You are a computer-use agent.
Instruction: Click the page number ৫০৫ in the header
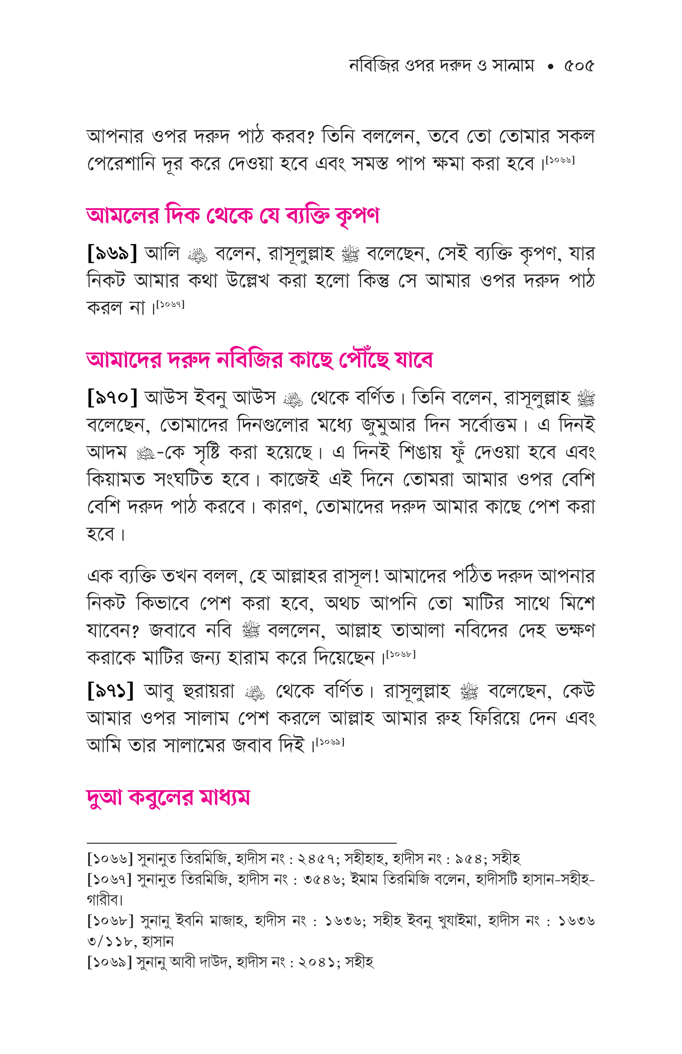(579, 66)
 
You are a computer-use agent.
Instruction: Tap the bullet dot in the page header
(551, 67)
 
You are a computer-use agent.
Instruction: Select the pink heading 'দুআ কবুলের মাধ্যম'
(168, 798)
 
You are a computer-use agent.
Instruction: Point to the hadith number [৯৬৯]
(112, 254)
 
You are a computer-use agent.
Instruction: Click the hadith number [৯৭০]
(112, 397)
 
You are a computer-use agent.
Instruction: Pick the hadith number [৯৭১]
(111, 691)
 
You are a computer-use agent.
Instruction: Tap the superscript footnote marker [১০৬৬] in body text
(560, 160)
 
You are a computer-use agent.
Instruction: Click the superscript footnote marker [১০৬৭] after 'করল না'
(170, 304)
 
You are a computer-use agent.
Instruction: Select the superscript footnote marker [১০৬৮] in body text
(401, 653)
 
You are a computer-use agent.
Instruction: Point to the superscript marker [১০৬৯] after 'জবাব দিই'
(330, 741)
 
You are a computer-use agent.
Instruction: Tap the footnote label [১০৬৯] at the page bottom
(110, 962)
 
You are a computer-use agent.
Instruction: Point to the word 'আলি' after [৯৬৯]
(162, 254)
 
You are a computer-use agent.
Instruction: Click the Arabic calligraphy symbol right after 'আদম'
(145, 453)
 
